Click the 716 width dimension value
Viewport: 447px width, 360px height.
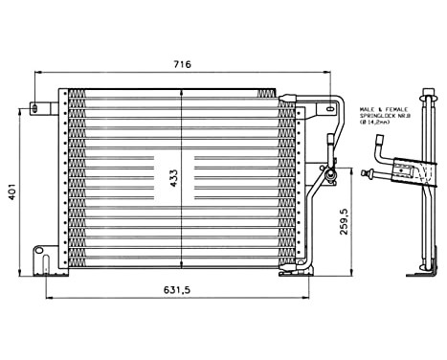(183, 64)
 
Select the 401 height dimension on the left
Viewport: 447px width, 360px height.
(11, 191)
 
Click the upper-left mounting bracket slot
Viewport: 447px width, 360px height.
(38, 108)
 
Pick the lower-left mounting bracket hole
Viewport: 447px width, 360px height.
(39, 253)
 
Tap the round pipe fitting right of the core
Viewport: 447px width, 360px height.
(329, 174)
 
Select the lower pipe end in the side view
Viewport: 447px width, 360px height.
(369, 175)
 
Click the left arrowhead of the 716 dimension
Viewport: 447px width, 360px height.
(36, 73)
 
